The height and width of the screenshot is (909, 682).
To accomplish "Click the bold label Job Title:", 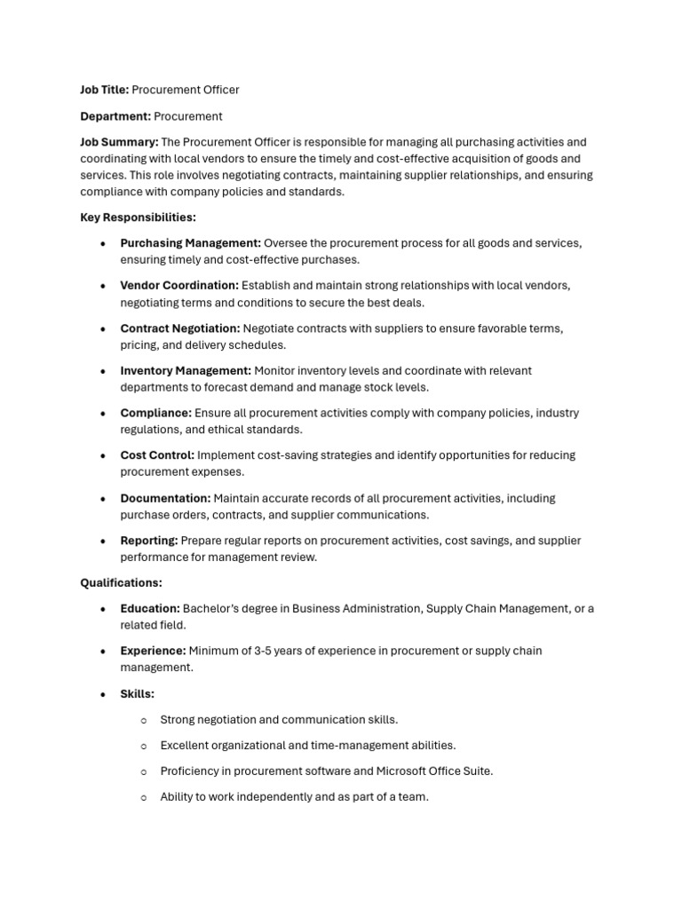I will point(105,90).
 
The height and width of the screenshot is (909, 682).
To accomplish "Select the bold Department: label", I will point(115,116).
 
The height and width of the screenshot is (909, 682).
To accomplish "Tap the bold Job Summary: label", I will point(119,142).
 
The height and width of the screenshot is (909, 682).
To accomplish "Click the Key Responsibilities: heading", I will point(138,217).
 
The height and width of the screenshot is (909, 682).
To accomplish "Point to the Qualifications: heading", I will point(121,583).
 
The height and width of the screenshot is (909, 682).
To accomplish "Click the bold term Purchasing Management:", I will point(191,243).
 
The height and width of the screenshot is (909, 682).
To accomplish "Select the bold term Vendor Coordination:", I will point(179,286).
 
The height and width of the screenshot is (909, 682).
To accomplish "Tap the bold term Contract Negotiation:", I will point(180,328).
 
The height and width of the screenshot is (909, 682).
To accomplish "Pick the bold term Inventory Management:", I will point(186,371).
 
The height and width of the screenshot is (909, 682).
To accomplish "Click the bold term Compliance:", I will point(156,413).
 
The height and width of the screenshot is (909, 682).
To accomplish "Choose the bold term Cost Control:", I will point(157,455).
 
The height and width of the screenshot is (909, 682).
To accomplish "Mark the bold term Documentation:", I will point(166,499).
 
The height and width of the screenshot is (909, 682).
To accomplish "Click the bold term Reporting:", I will point(149,541).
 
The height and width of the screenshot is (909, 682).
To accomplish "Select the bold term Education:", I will point(150,609).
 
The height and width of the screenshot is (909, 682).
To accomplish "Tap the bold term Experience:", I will point(153,651).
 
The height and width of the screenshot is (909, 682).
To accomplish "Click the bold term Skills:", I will point(138,694).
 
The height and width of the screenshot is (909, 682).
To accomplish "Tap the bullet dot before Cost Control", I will point(104,456).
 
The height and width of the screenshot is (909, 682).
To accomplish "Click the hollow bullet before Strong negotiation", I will point(144,721).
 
